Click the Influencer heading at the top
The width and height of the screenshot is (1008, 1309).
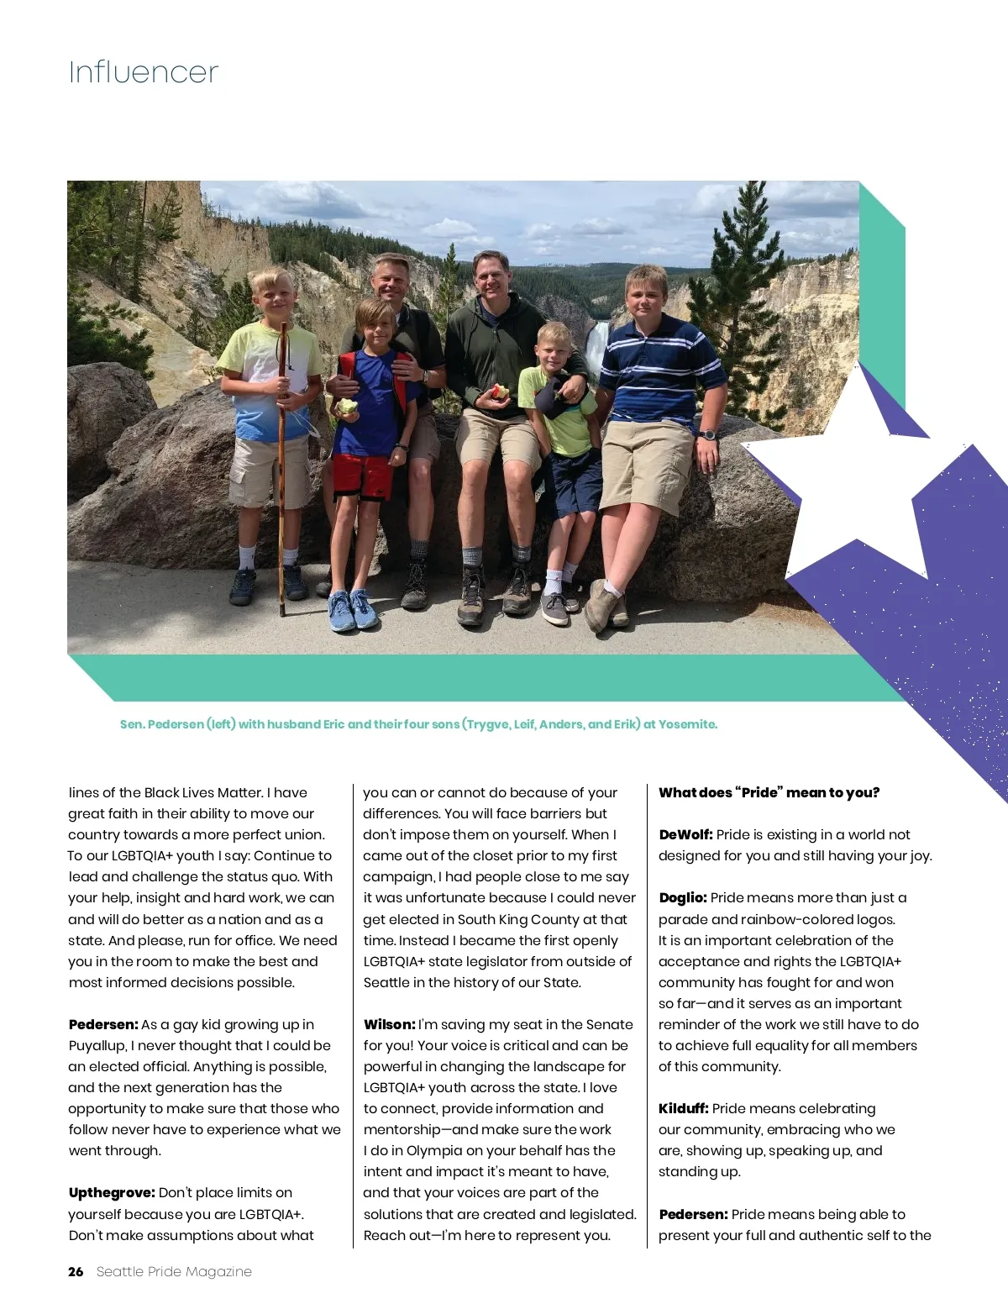tap(144, 72)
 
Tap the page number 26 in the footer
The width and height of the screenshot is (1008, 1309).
tap(76, 1271)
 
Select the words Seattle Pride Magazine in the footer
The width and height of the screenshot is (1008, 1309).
tap(174, 1271)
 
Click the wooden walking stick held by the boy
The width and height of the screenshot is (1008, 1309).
tap(282, 471)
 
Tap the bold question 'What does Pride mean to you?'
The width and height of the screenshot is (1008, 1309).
tap(769, 792)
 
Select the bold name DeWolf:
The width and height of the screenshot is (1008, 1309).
tap(685, 834)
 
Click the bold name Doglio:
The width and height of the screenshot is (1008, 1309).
tap(682, 897)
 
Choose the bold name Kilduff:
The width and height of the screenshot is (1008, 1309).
tap(683, 1108)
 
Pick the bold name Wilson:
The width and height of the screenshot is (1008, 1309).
tap(389, 1024)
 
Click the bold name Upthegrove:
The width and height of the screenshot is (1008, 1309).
tap(112, 1192)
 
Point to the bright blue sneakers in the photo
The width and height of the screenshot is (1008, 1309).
tap(353, 608)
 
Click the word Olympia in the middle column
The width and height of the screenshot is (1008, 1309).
tap(428, 1150)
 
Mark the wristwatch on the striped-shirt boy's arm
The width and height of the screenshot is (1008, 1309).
tap(707, 434)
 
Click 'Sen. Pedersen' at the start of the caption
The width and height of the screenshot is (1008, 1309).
tap(161, 724)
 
